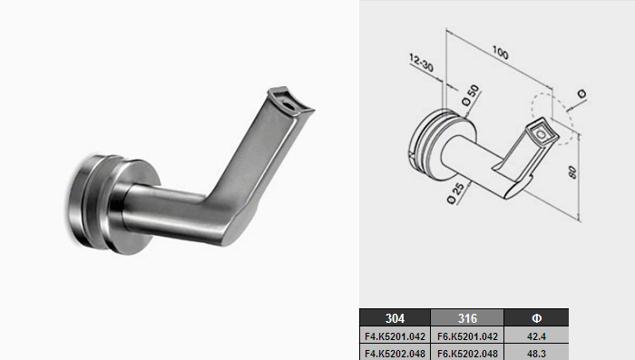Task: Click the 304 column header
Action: (395, 318)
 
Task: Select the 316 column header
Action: (467, 318)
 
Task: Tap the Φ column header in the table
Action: (536, 318)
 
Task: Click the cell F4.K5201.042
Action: (395, 336)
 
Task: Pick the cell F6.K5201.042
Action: (467, 336)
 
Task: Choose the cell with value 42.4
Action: (536, 336)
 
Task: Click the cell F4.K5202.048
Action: (395, 353)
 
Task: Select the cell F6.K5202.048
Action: (467, 353)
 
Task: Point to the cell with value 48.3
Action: (536, 353)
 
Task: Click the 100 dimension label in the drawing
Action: (501, 53)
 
